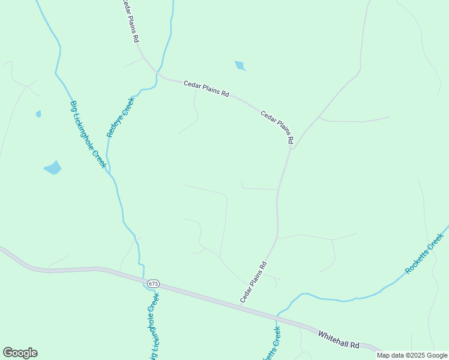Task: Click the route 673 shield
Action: pos(153,283)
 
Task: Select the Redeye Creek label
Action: pos(121,117)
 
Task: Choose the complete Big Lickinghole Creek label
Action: pos(88,134)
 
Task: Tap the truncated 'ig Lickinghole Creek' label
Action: pos(154,327)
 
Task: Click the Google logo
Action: pos(20,353)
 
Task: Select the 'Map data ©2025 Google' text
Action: pos(412,355)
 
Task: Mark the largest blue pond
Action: pos(53,167)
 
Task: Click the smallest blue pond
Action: pos(39,113)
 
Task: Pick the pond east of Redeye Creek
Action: pos(240,65)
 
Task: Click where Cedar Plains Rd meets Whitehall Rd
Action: pos(240,306)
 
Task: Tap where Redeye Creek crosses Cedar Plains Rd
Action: pos(157,74)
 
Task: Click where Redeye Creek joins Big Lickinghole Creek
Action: pos(109,172)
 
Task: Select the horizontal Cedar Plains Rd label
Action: pos(206,89)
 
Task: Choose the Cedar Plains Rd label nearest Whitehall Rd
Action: pos(253,281)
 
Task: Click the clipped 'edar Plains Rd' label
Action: pos(130,20)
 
